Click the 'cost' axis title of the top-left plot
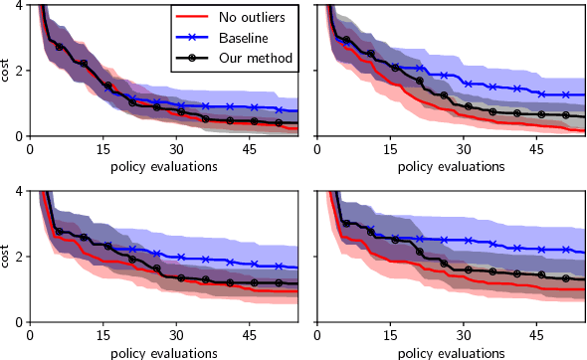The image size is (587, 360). click(7, 71)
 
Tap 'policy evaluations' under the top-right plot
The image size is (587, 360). click(451, 165)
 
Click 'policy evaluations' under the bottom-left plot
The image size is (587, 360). click(164, 352)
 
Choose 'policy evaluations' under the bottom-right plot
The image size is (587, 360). click(451, 352)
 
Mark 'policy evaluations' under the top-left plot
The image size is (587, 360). click(164, 165)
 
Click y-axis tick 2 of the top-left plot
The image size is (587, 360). click(21, 71)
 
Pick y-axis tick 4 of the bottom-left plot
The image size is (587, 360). click(21, 191)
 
